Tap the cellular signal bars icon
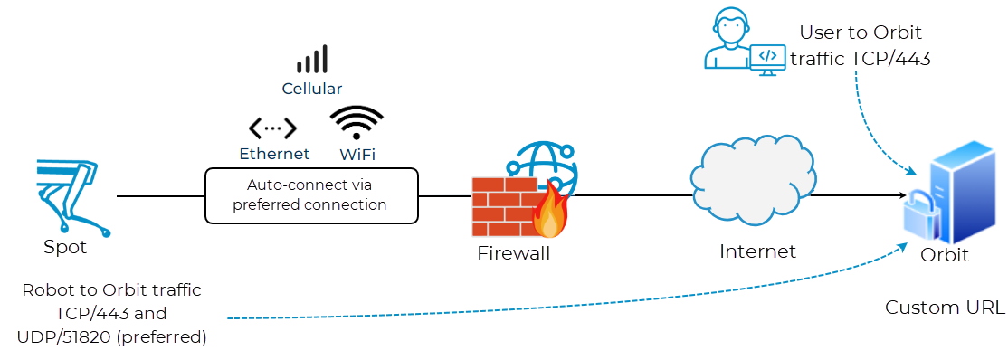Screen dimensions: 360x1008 pyautogui.click(x=312, y=61)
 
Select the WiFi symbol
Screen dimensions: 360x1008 pyautogui.click(x=356, y=122)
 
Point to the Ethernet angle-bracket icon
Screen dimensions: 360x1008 pyautogui.click(x=272, y=128)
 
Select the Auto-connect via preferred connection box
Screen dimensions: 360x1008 pyautogui.click(x=312, y=195)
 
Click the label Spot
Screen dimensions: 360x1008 pyautogui.click(x=65, y=247)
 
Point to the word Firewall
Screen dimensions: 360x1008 pyautogui.click(x=513, y=253)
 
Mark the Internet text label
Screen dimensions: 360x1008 pyautogui.click(x=757, y=251)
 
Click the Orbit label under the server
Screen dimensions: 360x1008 pyautogui.click(x=945, y=255)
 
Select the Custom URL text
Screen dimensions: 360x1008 pyautogui.click(x=944, y=308)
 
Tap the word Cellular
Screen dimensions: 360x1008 pyautogui.click(x=312, y=89)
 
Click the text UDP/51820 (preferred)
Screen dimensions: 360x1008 pyautogui.click(x=112, y=337)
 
